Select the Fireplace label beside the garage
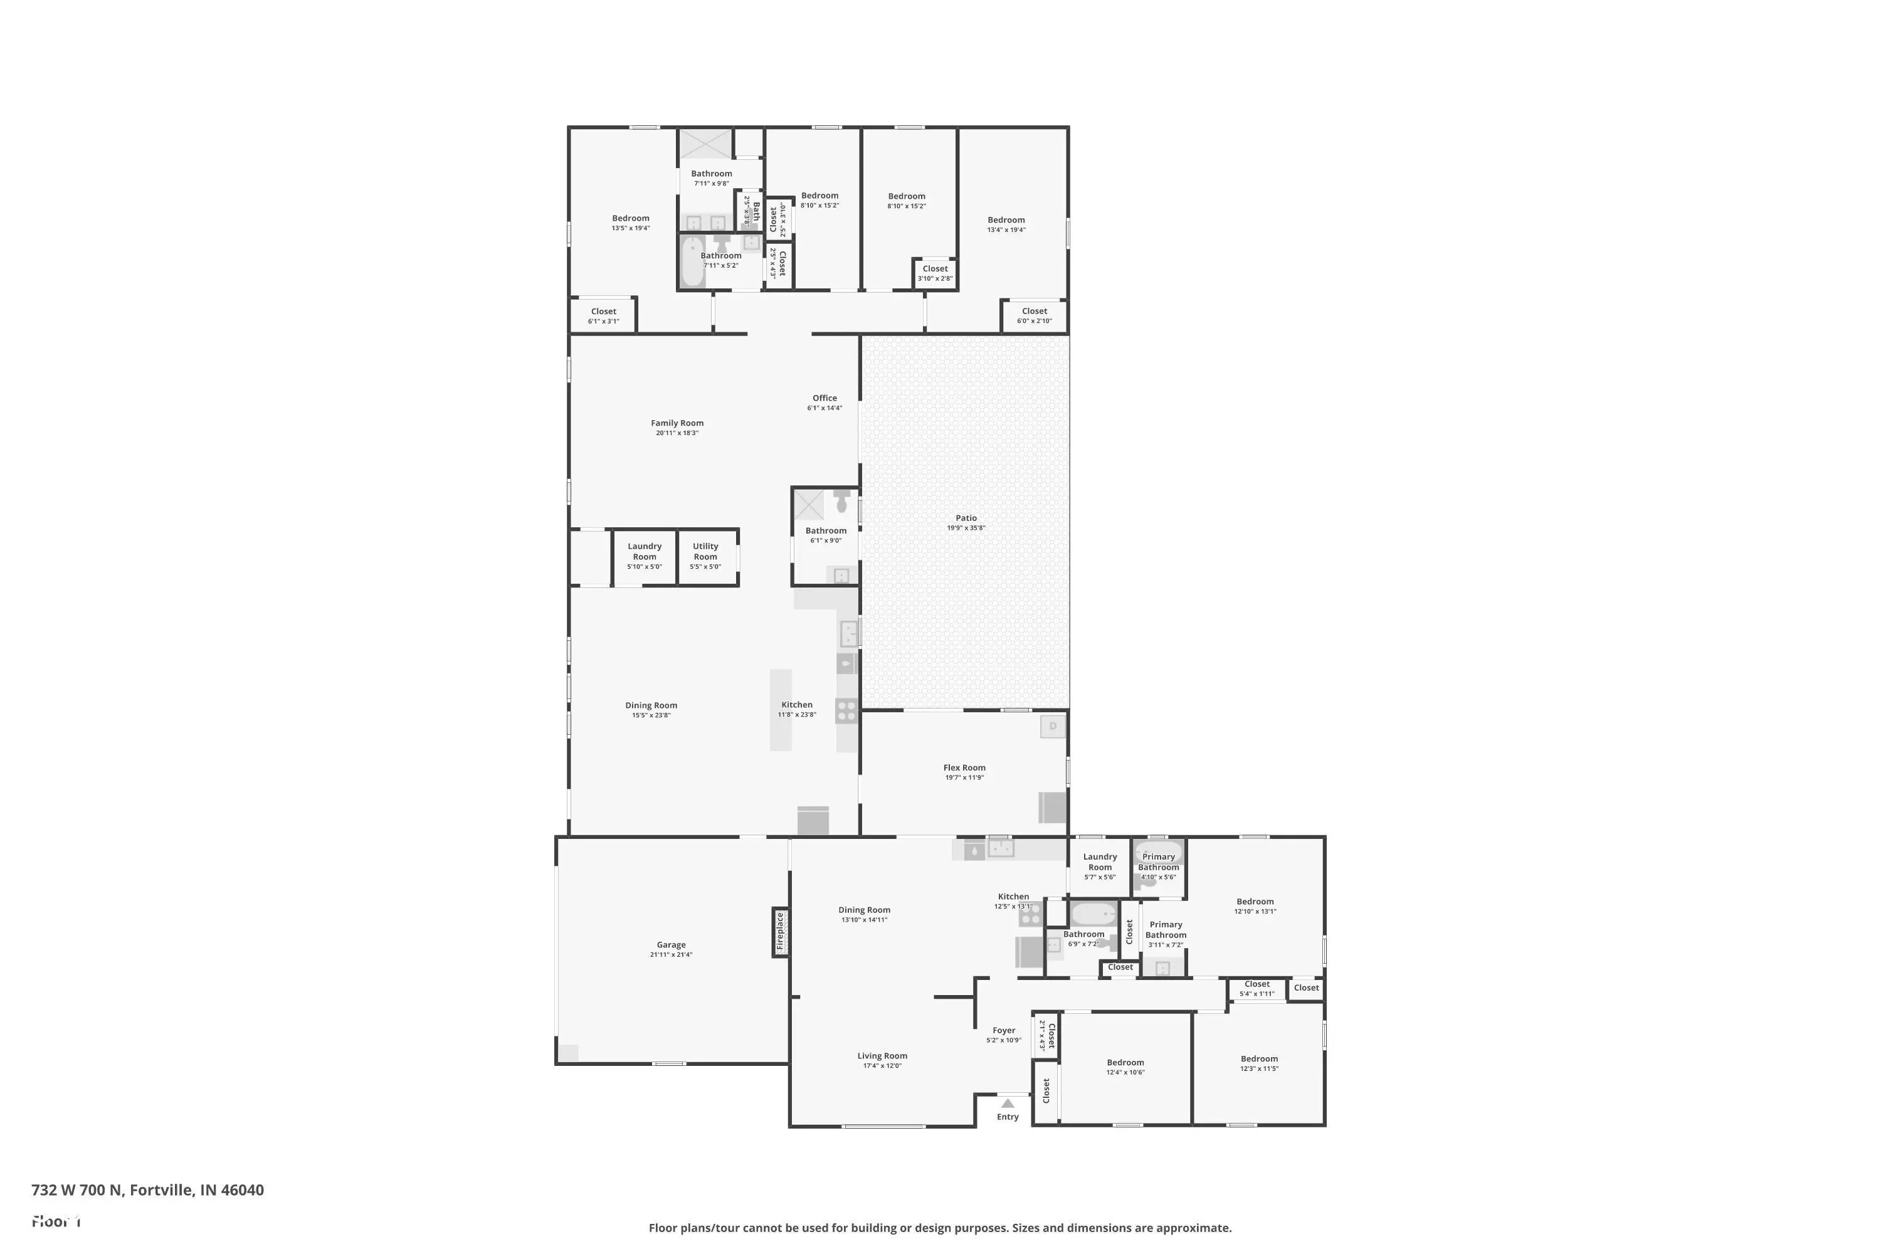click(x=781, y=931)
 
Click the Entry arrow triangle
click(x=1008, y=1103)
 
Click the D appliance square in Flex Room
click(x=1053, y=726)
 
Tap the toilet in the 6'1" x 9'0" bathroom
click(x=841, y=502)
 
